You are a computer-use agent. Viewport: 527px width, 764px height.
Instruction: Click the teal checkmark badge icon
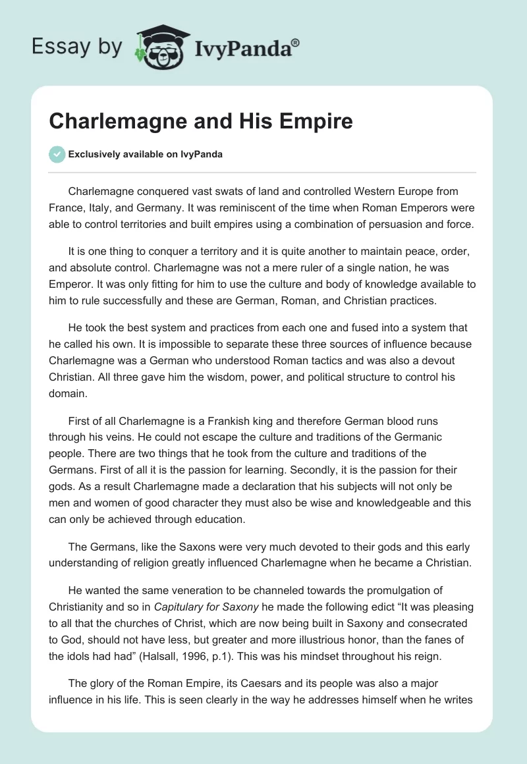pos(57,154)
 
